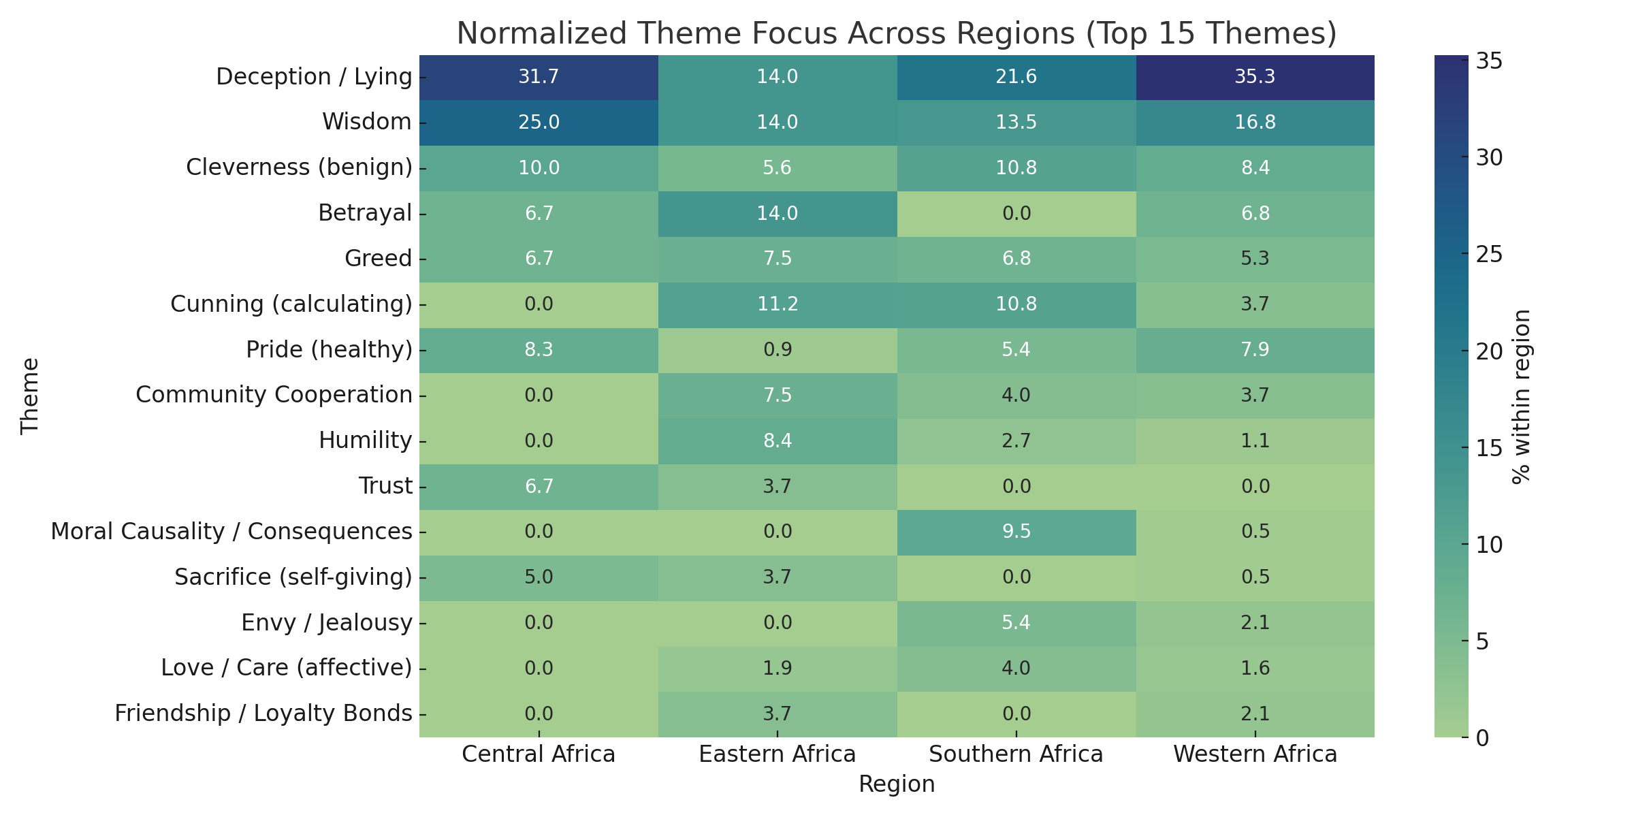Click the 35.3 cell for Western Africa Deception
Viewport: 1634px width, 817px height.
[1255, 76]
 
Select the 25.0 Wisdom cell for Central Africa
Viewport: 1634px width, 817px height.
[539, 122]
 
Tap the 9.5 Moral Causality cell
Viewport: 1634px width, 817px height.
[1016, 532]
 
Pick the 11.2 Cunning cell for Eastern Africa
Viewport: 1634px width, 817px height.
[777, 304]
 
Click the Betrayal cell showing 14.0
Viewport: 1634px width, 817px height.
[777, 213]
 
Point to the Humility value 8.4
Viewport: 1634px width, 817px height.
[777, 440]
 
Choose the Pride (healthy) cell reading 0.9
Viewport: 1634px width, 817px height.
[777, 349]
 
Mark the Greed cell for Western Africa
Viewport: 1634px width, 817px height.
[1255, 259]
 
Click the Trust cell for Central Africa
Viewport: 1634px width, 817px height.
[539, 486]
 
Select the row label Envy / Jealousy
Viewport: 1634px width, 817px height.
[327, 622]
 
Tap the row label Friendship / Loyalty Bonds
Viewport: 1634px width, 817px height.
[263, 713]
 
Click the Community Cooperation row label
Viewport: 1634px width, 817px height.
[274, 395]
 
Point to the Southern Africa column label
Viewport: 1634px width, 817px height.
[1016, 754]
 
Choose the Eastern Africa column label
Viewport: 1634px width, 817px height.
[777, 754]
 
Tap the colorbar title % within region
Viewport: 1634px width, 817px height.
[1521, 396]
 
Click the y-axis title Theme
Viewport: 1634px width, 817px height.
[30, 396]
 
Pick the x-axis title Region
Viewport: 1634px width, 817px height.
[897, 784]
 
